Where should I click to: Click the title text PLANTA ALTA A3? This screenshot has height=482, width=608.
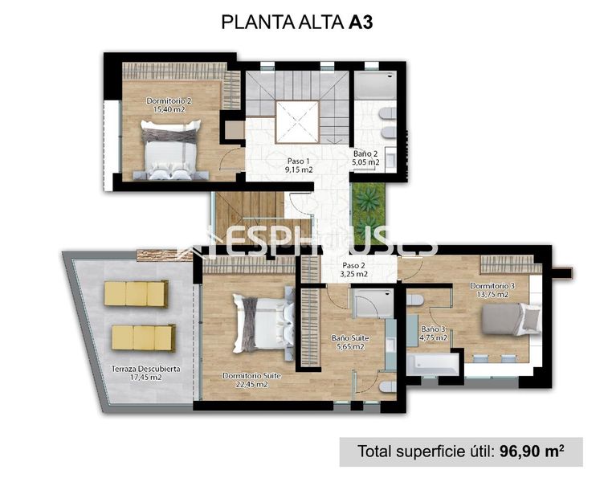(296, 22)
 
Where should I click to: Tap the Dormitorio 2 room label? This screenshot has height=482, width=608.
(168, 105)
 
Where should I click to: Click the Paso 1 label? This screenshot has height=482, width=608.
(298, 165)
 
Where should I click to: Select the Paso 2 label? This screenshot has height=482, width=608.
(354, 269)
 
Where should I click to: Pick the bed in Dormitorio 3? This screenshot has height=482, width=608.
(512, 319)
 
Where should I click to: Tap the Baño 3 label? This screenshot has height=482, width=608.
(432, 333)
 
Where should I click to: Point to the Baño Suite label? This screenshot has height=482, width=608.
(349, 343)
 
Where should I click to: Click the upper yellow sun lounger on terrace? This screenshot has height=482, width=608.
(136, 293)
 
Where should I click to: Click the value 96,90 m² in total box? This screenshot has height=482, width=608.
(528, 451)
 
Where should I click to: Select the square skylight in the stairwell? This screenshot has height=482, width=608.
(298, 121)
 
